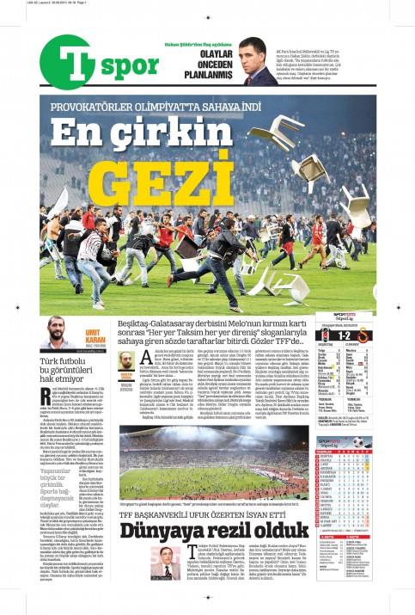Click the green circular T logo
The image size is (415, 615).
pos(70,64)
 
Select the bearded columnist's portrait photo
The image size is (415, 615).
pos(57,333)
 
